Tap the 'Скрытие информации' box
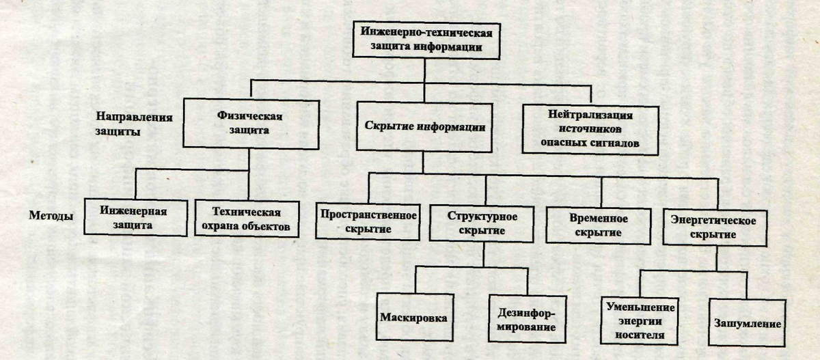424,127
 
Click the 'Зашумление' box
747,322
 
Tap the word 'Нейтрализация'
590,115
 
